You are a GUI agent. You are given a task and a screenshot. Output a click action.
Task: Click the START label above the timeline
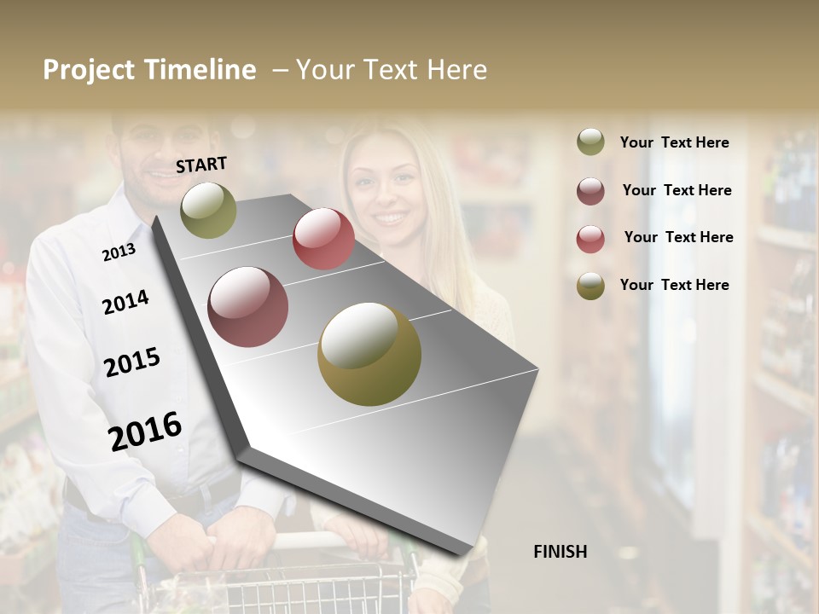coord(201,165)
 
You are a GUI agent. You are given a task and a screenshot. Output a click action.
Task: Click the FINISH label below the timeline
coord(560,552)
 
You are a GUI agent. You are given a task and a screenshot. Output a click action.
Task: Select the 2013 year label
coord(119,252)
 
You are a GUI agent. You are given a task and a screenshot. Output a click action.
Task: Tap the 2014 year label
coord(125,302)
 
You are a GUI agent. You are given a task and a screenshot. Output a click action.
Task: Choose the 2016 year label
coord(145,431)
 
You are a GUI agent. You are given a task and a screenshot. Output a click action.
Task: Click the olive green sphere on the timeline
coord(208,210)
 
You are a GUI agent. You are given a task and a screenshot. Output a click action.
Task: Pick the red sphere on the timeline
coord(323,239)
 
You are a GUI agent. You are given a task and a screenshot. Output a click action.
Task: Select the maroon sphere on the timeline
coord(248,307)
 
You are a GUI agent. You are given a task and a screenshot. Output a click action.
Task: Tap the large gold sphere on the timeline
coord(369,354)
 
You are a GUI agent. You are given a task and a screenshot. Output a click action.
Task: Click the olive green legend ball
coord(590,142)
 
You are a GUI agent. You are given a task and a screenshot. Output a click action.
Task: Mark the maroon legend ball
coord(590,191)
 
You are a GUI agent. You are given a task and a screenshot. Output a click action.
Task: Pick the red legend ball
coord(590,239)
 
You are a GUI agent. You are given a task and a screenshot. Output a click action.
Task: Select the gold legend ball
coord(590,286)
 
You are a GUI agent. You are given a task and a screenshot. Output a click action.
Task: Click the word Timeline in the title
coord(200,70)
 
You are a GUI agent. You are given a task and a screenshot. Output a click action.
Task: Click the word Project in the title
coord(89,70)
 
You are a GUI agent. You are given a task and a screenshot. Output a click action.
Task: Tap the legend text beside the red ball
coord(678,237)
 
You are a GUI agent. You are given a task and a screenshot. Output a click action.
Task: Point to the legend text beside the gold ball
coord(674,285)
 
